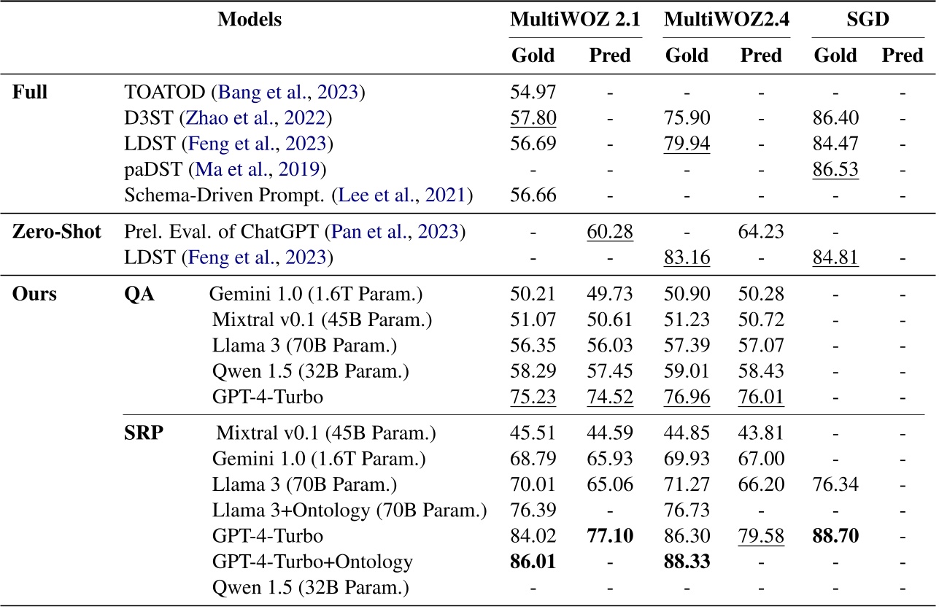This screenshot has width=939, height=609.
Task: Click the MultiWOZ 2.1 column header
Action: [575, 20]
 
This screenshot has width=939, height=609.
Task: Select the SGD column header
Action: [867, 20]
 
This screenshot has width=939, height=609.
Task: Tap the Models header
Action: [250, 20]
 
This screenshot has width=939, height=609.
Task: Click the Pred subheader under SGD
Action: [903, 55]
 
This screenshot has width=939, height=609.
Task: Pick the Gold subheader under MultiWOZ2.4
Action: [687, 55]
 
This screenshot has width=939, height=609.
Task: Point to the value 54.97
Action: [533, 93]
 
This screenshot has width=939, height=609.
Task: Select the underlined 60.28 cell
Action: [610, 233]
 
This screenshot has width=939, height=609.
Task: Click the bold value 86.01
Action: [533, 562]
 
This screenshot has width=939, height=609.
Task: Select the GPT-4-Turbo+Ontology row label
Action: [312, 562]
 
